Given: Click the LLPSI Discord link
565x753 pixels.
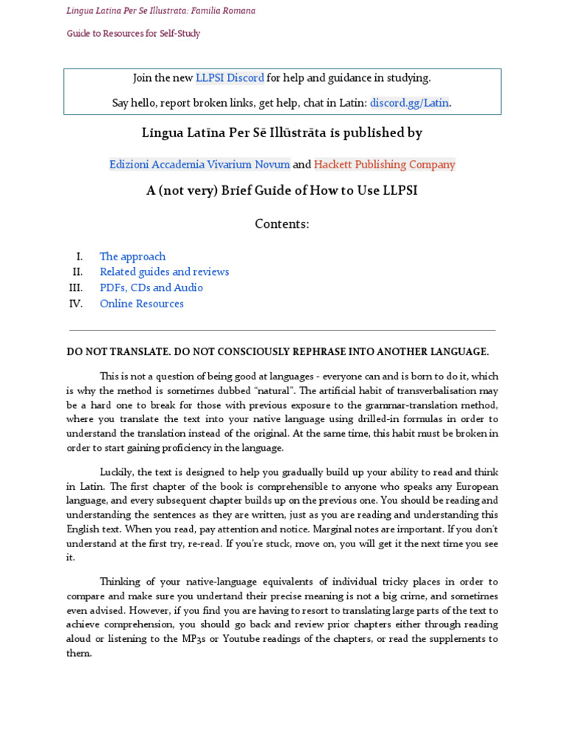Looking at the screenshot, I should click(230, 78).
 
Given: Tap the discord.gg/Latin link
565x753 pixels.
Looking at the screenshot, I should click(409, 103).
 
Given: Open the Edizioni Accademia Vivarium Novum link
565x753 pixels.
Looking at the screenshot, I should click(199, 165).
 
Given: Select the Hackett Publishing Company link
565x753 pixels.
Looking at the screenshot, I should click(384, 165).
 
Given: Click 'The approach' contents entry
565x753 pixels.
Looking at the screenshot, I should click(132, 257).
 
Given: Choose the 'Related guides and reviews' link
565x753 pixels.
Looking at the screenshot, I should click(164, 272).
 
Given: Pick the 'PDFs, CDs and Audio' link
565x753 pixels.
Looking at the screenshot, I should click(151, 288).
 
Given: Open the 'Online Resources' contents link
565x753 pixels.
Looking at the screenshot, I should click(141, 304).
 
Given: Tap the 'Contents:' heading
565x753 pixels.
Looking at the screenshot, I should click(282, 224).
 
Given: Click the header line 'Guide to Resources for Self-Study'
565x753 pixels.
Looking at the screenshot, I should click(133, 34).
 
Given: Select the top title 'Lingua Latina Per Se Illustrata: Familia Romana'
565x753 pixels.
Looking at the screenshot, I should click(161, 11).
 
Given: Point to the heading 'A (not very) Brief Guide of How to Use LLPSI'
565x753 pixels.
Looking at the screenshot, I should click(282, 190).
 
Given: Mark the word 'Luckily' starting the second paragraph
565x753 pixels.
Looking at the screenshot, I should click(118, 472).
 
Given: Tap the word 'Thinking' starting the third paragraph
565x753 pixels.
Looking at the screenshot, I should click(121, 582).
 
